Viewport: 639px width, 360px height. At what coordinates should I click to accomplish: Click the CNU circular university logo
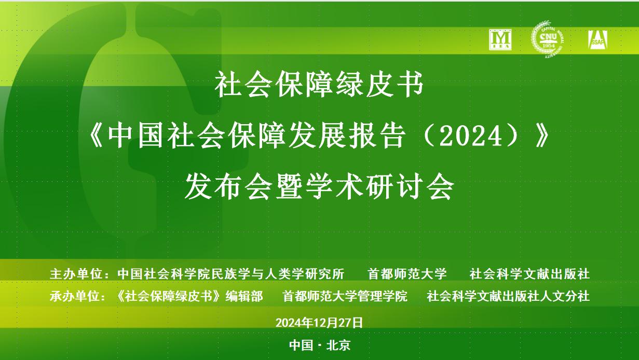[548, 39]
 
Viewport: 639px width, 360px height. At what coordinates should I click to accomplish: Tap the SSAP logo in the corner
[597, 39]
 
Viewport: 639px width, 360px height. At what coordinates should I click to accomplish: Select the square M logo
[500, 39]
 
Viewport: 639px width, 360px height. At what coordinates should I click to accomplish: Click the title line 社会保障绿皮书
[319, 85]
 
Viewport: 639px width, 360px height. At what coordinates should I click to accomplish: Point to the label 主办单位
[76, 274]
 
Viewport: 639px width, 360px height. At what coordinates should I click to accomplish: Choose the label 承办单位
[76, 296]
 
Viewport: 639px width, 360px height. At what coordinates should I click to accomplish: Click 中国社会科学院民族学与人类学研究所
[231, 274]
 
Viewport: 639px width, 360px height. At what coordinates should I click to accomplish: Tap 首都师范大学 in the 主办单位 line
[407, 274]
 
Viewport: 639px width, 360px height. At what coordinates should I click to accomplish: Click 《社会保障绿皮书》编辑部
[189, 296]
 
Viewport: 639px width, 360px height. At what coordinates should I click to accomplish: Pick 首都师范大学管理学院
[345, 296]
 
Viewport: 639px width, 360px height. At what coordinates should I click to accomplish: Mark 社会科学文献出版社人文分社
[508, 296]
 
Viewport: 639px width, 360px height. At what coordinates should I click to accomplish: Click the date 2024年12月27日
[319, 323]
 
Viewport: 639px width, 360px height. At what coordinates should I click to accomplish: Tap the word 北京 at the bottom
[338, 345]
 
